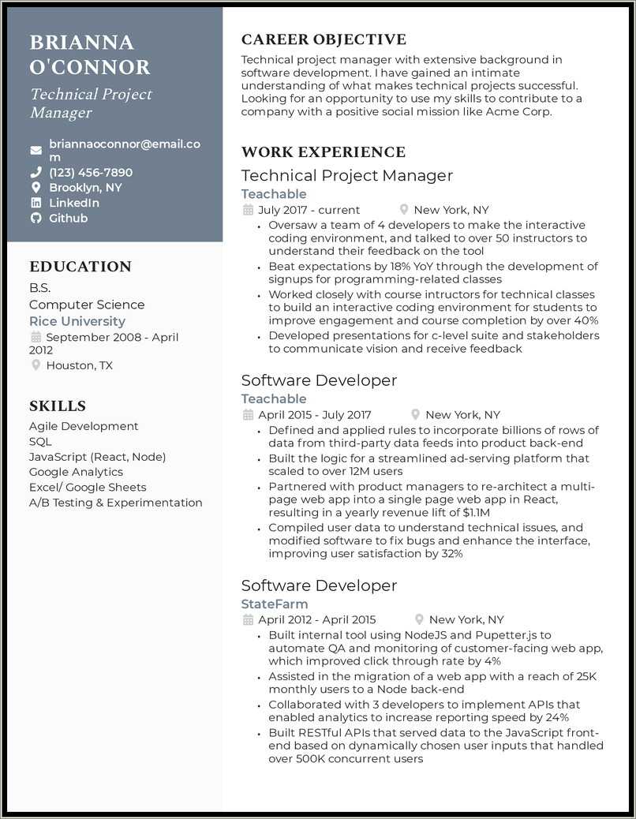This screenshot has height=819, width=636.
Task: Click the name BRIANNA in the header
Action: coord(82,43)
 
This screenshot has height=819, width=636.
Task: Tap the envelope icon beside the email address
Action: coord(36,150)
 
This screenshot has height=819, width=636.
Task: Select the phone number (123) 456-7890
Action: coord(91,172)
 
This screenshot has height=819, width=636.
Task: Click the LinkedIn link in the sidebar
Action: coord(74,203)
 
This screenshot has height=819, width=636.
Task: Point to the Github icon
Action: coord(36,218)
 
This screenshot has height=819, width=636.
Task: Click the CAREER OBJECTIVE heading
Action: coord(324,39)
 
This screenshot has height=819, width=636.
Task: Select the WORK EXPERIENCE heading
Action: coord(324,152)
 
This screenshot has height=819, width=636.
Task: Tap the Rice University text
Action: coord(77,321)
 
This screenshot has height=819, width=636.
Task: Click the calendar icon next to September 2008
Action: coord(36,337)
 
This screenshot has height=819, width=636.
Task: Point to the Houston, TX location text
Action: coord(80,365)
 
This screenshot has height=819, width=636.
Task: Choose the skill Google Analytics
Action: coord(76,472)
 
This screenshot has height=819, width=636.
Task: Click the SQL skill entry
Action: coord(40,442)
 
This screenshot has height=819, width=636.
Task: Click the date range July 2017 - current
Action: coord(309,210)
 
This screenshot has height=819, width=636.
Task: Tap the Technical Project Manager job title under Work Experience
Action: coord(347,176)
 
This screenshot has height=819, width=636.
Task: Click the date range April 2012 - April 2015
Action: coord(317,619)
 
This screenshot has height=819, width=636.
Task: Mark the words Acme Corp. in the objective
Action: coord(518,111)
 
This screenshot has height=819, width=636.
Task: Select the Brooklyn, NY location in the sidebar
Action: coord(85,188)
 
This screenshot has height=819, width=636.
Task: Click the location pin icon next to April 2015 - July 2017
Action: coord(416,414)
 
